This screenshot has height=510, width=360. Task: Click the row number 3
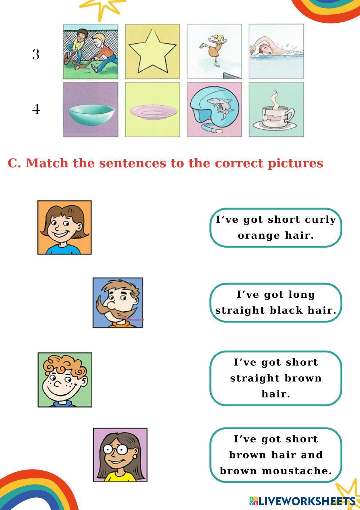click(x=36, y=55)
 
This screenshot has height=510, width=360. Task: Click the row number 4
click(x=36, y=109)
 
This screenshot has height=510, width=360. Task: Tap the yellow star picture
click(x=152, y=52)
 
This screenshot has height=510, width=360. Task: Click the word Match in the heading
click(x=47, y=163)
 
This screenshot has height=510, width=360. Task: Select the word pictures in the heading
click(x=295, y=164)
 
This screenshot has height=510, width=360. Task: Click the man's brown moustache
click(x=114, y=311)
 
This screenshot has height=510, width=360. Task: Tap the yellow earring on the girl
click(x=134, y=456)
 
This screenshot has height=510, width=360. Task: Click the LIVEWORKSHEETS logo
click(x=302, y=501)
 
